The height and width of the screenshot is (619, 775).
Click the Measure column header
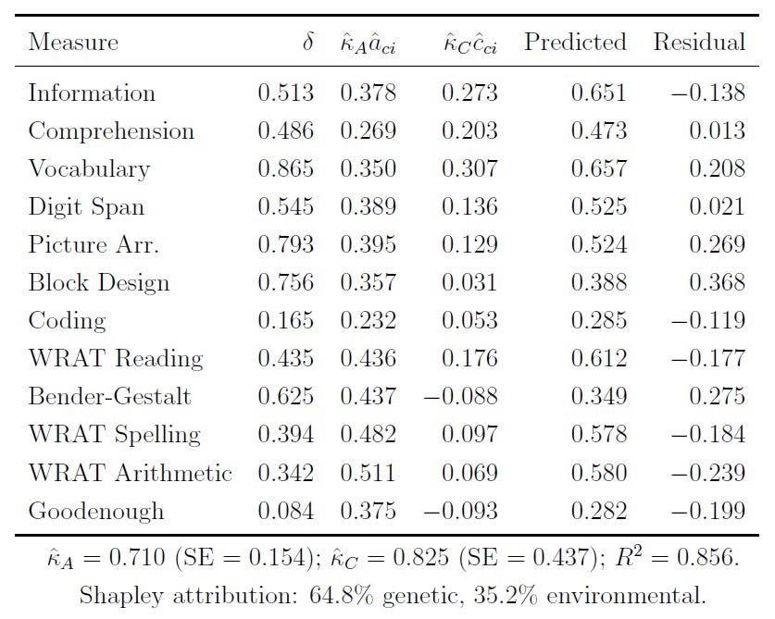pos(73,43)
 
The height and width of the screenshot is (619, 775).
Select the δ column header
pos(307,42)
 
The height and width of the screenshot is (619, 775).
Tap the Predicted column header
pos(575,43)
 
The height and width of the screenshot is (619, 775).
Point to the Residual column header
pos(699,43)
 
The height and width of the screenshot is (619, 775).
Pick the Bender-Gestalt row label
pos(110,397)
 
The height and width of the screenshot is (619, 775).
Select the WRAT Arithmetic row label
pos(131,473)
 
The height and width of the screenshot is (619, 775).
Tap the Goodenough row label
pos(96,511)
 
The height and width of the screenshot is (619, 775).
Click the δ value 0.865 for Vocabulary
pos(285,169)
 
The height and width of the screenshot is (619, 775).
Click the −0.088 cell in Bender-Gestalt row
pos(460,397)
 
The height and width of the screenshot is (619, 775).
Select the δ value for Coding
pos(285,321)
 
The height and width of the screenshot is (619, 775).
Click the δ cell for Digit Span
pos(285,207)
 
